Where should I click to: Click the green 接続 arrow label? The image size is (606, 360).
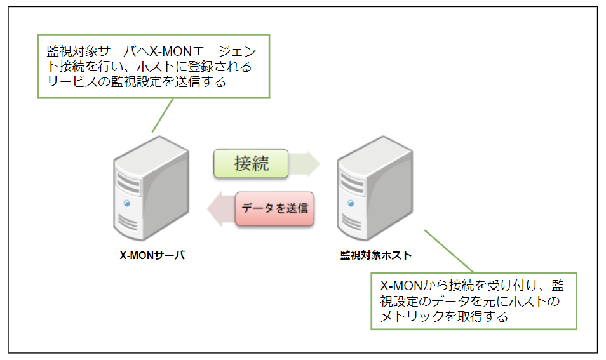tap(252, 163)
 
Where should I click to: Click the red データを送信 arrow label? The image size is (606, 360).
tap(274, 208)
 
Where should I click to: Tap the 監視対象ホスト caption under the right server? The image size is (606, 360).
tap(375, 256)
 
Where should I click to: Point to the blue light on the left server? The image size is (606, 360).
tap(127, 204)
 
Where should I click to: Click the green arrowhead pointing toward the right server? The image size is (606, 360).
tap(309, 163)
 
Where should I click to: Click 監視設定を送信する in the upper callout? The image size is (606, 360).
tap(168, 83)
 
